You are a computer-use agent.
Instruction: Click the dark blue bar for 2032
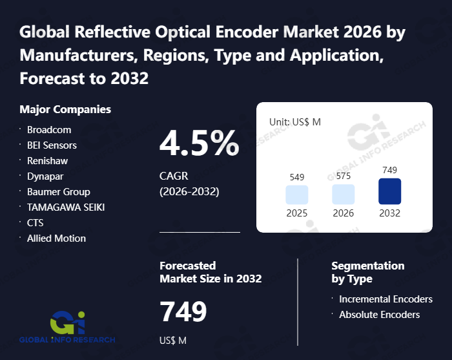click(x=390, y=191)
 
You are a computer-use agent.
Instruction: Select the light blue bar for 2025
click(x=297, y=195)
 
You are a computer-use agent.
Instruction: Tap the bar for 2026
click(x=344, y=195)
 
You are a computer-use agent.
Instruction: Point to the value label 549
click(x=297, y=176)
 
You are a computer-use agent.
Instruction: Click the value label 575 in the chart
click(x=344, y=176)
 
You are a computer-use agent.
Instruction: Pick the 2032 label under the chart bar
click(x=390, y=213)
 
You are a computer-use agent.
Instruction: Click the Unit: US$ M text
click(x=295, y=122)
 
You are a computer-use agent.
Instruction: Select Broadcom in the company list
click(x=49, y=130)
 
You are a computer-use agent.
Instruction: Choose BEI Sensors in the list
click(x=52, y=145)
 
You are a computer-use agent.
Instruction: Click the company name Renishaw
click(x=47, y=161)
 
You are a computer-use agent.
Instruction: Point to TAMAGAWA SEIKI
click(x=66, y=207)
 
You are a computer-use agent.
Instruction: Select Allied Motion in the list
click(x=56, y=238)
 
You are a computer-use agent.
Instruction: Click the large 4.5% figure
click(x=199, y=144)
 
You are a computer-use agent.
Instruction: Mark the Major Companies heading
click(x=65, y=109)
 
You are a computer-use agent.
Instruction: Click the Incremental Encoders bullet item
click(x=385, y=299)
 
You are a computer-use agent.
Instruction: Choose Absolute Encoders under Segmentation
click(x=379, y=315)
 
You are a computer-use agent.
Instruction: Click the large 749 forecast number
click(x=183, y=312)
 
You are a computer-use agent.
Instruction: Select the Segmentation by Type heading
click(x=367, y=272)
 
